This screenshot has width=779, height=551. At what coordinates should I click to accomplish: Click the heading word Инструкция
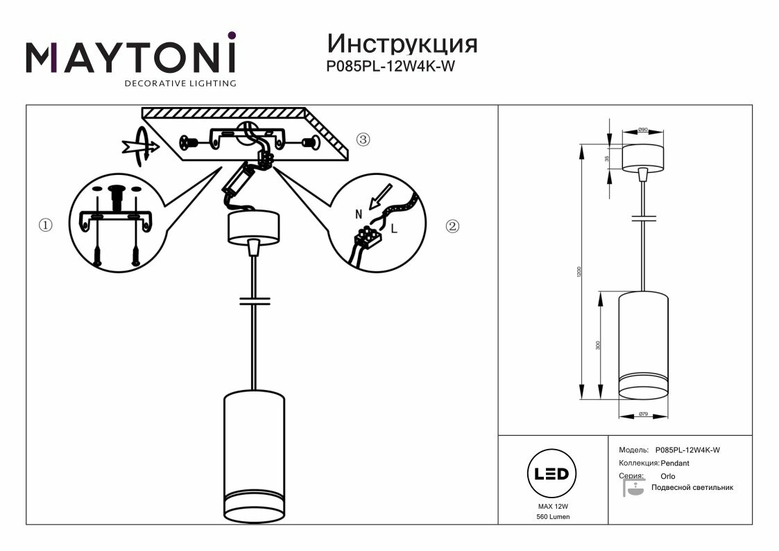tap(402, 44)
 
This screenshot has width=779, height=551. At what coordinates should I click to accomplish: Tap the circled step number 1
tap(46, 226)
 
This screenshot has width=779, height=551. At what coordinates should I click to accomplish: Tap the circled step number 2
tap(452, 226)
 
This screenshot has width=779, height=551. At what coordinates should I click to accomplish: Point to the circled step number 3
tap(363, 139)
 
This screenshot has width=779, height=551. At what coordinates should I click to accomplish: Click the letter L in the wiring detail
tap(394, 228)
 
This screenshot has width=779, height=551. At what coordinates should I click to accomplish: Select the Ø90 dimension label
tap(642, 130)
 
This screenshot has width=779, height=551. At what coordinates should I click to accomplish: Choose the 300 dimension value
tap(599, 345)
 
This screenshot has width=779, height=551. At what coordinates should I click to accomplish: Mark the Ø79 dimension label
tap(642, 414)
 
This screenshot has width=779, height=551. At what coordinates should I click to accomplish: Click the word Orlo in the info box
tap(667, 476)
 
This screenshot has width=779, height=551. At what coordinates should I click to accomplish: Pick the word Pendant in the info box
tap(675, 463)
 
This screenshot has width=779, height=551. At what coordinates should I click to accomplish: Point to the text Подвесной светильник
tap(691, 488)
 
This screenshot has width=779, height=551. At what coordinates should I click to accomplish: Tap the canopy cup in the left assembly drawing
tap(254, 226)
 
